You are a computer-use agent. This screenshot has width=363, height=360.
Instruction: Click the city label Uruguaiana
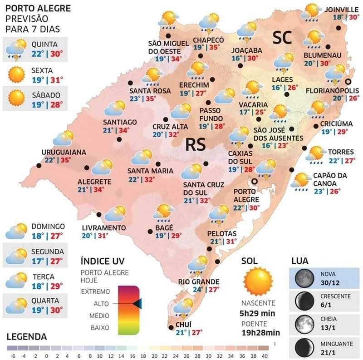(63, 152)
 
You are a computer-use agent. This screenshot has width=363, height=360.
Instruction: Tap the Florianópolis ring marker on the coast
(348, 82)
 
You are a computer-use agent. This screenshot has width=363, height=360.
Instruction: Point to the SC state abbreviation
(284, 39)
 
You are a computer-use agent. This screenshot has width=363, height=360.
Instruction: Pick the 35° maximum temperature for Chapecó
(215, 47)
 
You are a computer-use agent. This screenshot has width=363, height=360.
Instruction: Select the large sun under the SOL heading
(258, 281)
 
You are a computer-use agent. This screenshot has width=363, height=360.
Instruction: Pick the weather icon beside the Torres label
(315, 154)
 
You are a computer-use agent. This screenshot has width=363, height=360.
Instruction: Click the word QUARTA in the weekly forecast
(45, 301)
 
